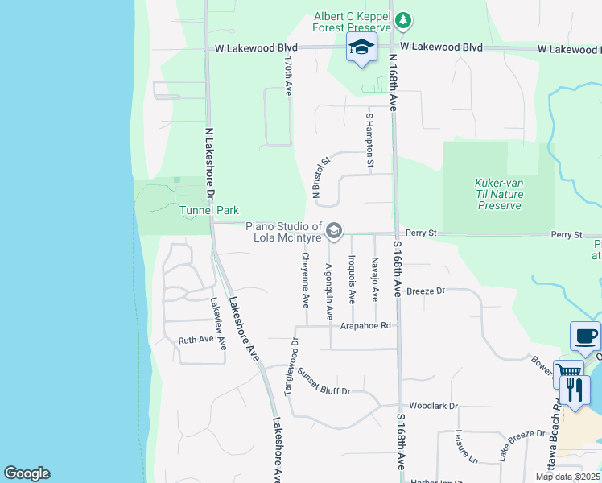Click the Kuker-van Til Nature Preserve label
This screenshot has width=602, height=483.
coord(499,194)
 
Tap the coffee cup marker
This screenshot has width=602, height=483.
coord(585,336)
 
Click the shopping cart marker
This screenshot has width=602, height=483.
coord(567,372)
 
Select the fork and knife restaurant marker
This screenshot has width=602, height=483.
coord(575,390)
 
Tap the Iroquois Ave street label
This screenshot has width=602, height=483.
coord(352,279)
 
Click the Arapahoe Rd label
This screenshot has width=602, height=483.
coord(365,326)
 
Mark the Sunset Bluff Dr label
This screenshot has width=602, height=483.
coord(324,381)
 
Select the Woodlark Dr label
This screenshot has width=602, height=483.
coord(433,407)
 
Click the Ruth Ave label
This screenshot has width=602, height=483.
coord(196,341)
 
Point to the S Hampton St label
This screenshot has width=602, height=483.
coord(369,142)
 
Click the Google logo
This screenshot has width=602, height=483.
coord(27,473)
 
